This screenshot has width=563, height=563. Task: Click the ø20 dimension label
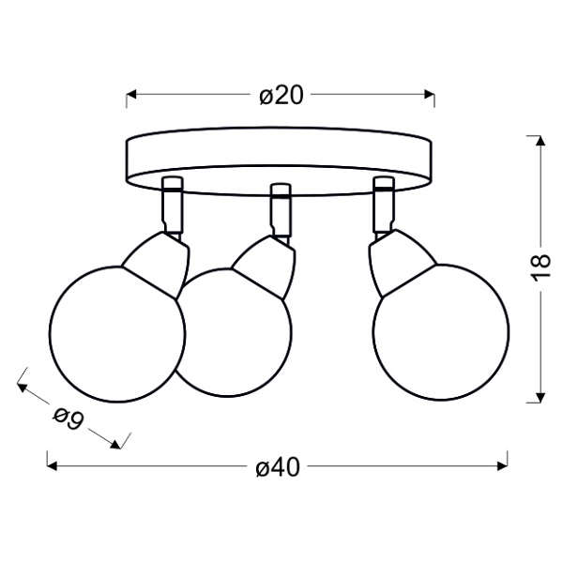[x=281, y=96]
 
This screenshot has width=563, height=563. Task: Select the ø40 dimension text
[x=278, y=467]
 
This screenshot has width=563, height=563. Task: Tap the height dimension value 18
[x=541, y=267]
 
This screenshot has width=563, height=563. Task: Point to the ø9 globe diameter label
[x=68, y=418]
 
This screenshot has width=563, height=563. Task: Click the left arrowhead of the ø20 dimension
[x=131, y=95]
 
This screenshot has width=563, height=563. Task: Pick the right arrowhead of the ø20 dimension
[x=430, y=95]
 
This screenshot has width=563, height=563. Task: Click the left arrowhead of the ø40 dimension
[x=53, y=466]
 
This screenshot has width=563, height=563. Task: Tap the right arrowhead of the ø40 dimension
[x=502, y=466]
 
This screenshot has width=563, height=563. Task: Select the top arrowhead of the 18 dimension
[x=540, y=141]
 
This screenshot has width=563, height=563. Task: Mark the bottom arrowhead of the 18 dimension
[x=540, y=398]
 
